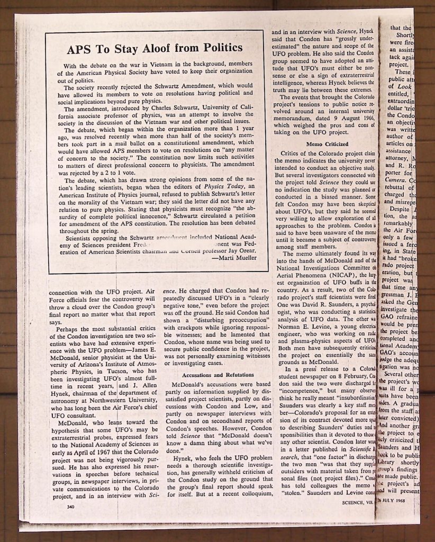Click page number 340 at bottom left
pos(67,507)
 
